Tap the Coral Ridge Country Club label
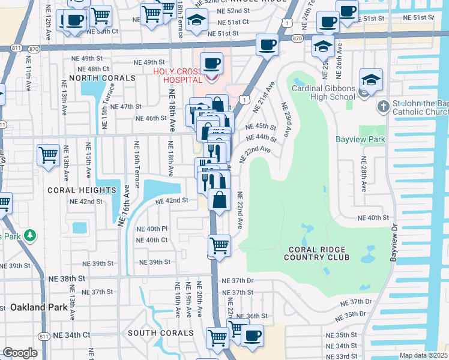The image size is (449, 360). (x=318, y=253)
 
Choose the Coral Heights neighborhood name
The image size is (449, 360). (x=82, y=190)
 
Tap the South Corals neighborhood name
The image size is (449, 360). (x=160, y=332)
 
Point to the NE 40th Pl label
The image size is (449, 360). (x=152, y=229)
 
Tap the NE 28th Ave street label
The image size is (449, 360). (x=363, y=175)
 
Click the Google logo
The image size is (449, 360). (x=19, y=353)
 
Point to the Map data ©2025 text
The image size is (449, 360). (x=423, y=355)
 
